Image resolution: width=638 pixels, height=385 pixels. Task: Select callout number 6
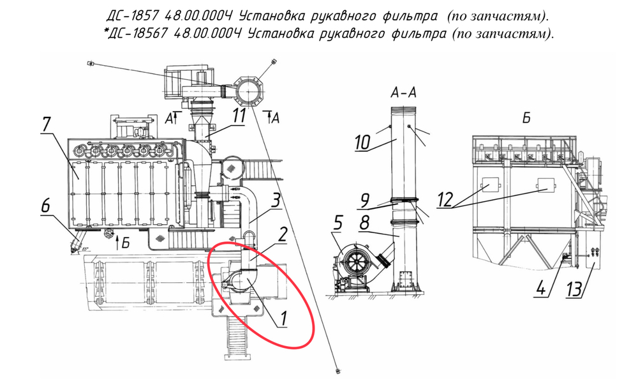click(45, 205)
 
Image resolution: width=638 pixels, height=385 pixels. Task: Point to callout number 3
click(276, 200)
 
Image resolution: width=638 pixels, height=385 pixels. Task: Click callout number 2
click(283, 235)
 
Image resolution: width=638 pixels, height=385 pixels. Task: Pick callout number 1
click(284, 319)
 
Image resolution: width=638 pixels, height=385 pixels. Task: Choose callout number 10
click(362, 143)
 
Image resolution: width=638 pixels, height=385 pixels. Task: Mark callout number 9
click(365, 200)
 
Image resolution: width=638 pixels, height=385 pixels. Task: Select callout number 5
click(338, 223)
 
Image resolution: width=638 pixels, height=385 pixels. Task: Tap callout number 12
click(445, 200)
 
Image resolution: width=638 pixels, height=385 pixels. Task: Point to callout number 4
click(541, 289)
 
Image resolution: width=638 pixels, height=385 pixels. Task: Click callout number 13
click(575, 290)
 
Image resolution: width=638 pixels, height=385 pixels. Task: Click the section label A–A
click(403, 93)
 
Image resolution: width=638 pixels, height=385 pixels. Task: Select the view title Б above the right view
click(526, 118)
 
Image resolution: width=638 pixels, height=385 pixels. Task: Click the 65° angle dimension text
click(85, 248)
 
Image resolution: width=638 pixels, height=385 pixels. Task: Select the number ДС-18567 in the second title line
click(137, 33)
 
